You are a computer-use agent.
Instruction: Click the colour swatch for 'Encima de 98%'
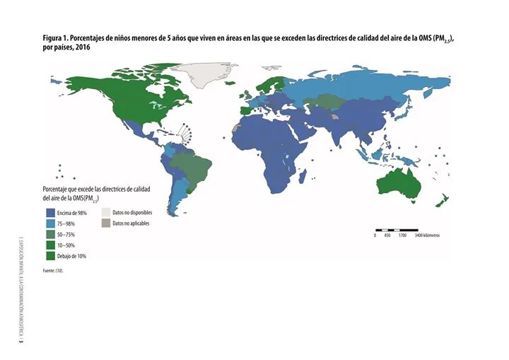(51, 213)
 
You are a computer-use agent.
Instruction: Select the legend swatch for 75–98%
(51, 223)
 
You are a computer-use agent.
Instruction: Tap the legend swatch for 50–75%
(51, 234)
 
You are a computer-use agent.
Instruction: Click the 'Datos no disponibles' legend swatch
(105, 212)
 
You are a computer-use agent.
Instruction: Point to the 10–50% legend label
(68, 245)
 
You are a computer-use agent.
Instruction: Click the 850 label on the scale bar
(387, 235)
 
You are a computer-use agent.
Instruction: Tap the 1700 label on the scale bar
(402, 235)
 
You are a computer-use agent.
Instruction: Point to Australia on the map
(399, 184)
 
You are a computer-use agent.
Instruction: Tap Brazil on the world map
(194, 166)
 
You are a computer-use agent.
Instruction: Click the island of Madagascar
(299, 180)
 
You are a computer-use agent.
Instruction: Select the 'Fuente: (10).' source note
(54, 270)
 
